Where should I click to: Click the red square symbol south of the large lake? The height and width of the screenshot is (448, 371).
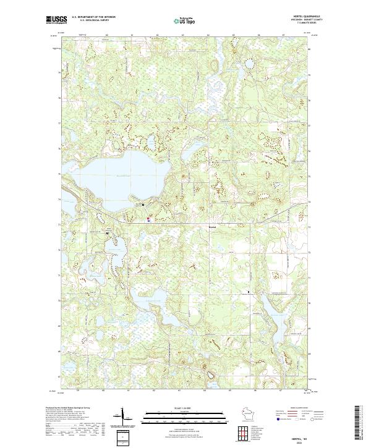[148, 218]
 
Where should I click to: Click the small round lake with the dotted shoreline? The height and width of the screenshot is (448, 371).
[250, 64]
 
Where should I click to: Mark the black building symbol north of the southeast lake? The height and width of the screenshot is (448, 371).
[249, 290]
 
